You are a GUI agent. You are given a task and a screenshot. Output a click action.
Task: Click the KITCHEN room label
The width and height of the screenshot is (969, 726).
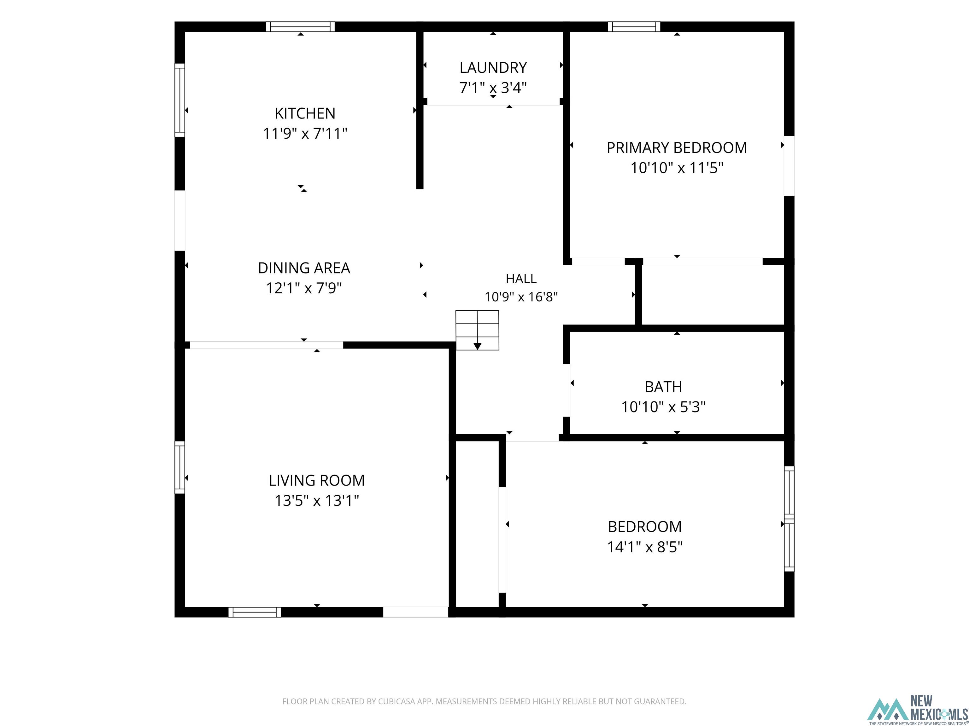(x=305, y=113)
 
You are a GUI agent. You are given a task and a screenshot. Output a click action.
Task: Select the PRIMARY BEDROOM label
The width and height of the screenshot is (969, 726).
(x=677, y=147)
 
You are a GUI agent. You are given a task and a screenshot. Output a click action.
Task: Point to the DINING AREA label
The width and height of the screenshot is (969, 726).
(x=304, y=268)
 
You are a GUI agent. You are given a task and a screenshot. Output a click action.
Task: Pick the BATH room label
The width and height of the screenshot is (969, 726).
(x=663, y=387)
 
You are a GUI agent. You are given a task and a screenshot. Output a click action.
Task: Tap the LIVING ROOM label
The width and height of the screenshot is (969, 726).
(x=317, y=481)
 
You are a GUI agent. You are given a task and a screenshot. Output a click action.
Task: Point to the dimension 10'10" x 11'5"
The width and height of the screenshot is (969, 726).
(x=677, y=168)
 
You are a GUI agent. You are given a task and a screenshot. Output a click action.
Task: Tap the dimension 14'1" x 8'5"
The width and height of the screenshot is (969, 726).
(x=645, y=547)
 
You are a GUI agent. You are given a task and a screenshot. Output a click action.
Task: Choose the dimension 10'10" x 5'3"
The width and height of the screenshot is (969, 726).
(x=663, y=407)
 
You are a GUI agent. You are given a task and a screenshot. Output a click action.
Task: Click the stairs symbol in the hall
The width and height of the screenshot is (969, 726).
(x=477, y=331)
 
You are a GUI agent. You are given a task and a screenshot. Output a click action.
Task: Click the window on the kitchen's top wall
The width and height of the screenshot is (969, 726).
(x=301, y=27)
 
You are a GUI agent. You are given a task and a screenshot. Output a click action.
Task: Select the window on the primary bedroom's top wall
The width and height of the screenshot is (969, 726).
(x=634, y=27)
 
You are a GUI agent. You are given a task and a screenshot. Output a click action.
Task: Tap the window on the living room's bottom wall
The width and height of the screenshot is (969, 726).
(x=255, y=612)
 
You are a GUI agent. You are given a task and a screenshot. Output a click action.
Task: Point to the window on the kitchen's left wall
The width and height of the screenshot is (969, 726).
(x=179, y=100)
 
